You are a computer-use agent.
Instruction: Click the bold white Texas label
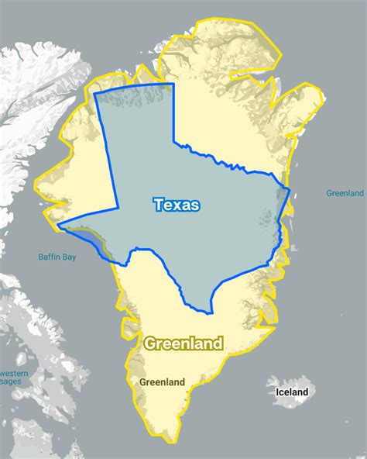click(177, 205)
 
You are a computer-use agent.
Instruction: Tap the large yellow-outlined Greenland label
click(183, 343)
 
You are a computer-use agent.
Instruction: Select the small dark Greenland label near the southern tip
click(162, 382)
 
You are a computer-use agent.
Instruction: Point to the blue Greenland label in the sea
click(345, 193)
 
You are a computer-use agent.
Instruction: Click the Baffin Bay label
click(57, 257)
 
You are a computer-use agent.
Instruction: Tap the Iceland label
click(292, 392)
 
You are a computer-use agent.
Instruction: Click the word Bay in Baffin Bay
click(68, 257)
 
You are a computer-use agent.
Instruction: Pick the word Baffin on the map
click(50, 257)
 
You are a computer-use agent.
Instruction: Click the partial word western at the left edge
click(14, 374)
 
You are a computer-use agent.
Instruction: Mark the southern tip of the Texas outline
click(211, 314)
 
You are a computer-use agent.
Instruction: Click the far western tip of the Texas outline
click(58, 226)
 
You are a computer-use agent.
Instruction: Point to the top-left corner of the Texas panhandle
click(94, 93)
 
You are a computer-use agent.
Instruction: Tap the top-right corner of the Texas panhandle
click(173, 84)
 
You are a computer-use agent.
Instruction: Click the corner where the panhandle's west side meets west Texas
click(117, 208)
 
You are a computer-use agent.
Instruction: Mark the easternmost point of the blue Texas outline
click(290, 190)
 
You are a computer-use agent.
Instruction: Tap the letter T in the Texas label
click(159, 205)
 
